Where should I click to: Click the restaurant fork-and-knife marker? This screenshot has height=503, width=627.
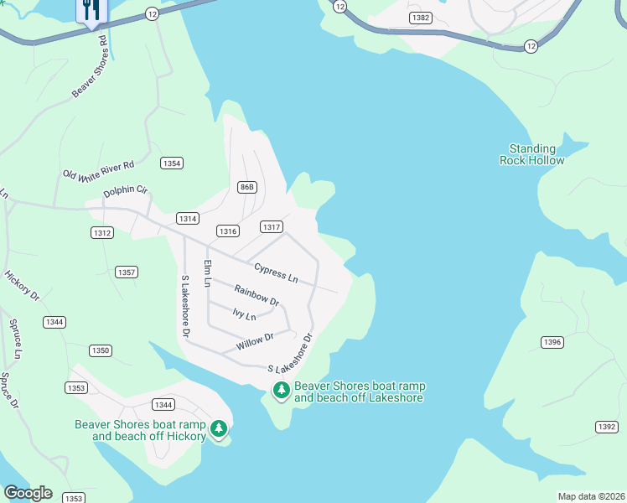[x=91, y=11]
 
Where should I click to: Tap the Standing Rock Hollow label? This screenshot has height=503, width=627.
[x=528, y=154]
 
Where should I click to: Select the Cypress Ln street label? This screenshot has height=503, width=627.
[x=277, y=272]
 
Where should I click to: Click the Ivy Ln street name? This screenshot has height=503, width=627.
[x=244, y=315]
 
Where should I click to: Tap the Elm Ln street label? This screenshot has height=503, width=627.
[x=206, y=274]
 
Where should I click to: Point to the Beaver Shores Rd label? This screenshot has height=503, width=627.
[x=90, y=65]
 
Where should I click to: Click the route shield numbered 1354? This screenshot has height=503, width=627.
[x=172, y=163]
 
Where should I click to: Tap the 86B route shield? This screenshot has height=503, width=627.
[x=246, y=186]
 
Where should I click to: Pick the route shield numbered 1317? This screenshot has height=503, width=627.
[x=271, y=227]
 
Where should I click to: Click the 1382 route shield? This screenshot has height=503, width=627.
[x=421, y=18]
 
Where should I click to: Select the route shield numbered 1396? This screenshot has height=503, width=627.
[x=552, y=342]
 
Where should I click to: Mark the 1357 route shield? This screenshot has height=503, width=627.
[x=127, y=272]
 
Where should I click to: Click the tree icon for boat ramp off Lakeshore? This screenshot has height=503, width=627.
[x=282, y=390]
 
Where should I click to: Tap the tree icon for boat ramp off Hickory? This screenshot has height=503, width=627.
[x=219, y=429]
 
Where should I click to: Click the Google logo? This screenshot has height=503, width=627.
[x=28, y=493]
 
